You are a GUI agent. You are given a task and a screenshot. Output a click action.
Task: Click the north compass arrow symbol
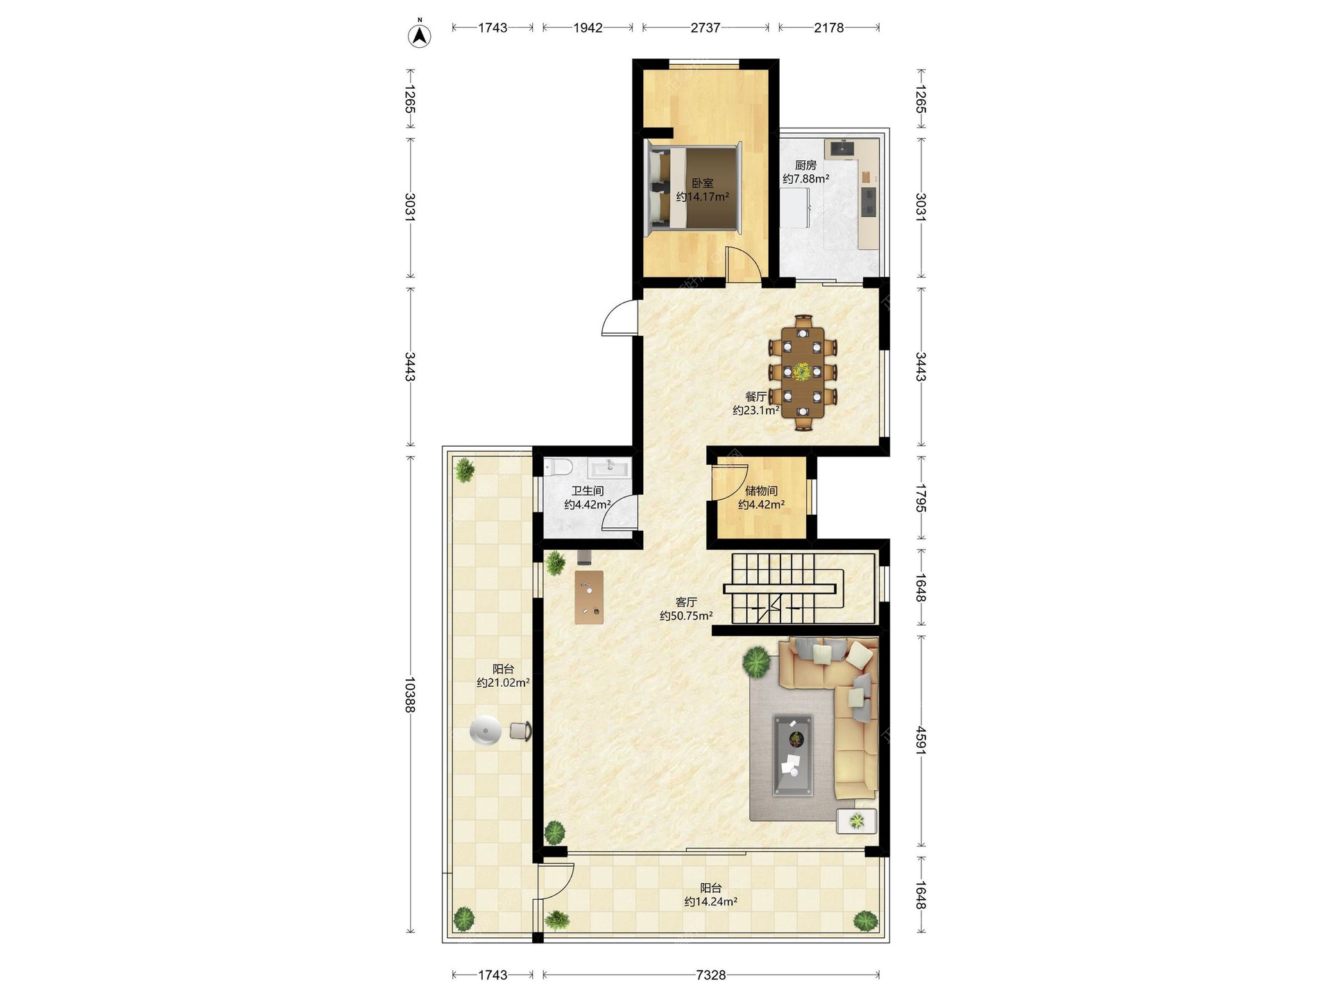coord(419,35)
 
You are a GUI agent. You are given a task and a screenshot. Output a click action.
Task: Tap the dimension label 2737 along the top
coord(706,28)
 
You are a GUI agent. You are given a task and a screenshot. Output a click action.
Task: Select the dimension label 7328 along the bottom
coord(710,975)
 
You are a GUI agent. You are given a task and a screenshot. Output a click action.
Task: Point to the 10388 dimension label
coord(410,695)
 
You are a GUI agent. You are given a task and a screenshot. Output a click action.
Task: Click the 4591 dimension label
coord(921,740)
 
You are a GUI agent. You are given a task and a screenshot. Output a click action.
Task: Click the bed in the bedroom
coord(694,188)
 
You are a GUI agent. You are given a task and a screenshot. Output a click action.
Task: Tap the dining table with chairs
coord(803,373)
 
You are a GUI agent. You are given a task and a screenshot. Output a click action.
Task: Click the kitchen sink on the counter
coord(842,148)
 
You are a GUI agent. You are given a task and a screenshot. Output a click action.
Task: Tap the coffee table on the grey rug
coord(793,755)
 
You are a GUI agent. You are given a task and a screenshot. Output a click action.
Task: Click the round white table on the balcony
coord(485,731)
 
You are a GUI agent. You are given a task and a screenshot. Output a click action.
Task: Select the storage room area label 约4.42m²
coord(761,505)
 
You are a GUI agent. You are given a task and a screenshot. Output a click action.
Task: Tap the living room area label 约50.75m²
coord(686,616)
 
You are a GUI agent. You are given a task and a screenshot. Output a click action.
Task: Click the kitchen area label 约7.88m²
coord(805,179)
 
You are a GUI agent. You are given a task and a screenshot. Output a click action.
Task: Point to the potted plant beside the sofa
coord(756,661)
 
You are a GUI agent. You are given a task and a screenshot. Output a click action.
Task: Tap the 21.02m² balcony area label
coord(503,683)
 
